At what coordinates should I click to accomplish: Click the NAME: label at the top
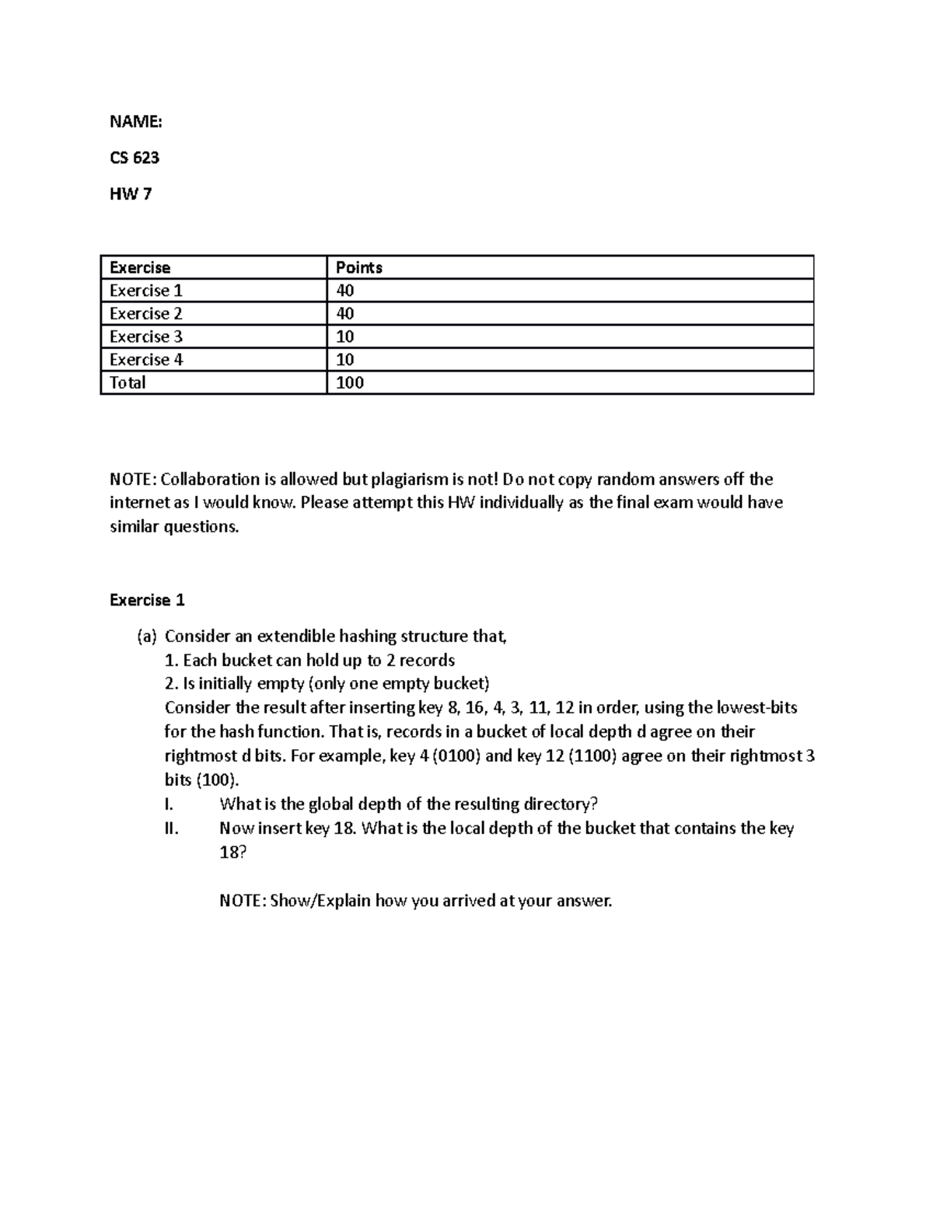pos(135,121)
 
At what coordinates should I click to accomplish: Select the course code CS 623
pos(135,158)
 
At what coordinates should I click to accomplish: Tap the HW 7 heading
pos(130,194)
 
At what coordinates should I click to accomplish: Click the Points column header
pos(358,267)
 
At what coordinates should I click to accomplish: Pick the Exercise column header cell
pos(140,267)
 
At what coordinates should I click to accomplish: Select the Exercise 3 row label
pos(145,337)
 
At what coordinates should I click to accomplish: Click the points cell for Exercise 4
pos(344,360)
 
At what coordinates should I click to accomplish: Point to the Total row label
pos(128,382)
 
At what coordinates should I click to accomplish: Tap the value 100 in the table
pos(349,382)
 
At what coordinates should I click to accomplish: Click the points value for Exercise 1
pos(344,291)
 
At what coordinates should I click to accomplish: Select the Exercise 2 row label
pos(145,313)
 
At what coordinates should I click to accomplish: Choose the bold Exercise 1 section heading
pos(147,600)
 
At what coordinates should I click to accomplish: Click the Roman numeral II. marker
pos(172,829)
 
